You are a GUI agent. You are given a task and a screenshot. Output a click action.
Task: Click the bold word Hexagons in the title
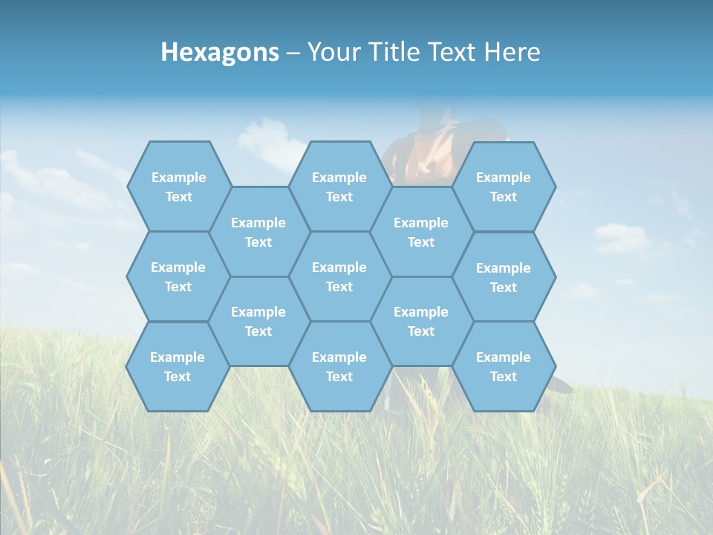point(220,52)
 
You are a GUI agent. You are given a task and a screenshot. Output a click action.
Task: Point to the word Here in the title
point(512,52)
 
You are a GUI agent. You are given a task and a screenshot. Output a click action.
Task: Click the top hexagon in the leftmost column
point(178,187)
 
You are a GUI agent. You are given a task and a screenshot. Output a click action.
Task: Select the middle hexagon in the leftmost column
point(178,276)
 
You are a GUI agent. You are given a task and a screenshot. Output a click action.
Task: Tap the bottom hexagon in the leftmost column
point(178,366)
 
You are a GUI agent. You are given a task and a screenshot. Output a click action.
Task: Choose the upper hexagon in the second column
point(258,232)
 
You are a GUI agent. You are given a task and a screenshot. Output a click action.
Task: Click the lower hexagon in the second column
point(258,321)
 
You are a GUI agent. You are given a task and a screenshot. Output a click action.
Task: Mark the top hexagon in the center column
point(339,187)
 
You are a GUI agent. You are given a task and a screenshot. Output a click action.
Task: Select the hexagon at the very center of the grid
point(339,276)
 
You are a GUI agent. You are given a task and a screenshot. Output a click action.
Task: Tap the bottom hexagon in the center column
point(339,366)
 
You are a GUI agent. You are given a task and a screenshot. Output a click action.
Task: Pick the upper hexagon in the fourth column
point(421,232)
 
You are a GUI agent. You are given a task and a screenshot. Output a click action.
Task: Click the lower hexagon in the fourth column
point(421,321)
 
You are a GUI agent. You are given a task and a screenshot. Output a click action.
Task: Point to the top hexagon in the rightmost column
point(504,187)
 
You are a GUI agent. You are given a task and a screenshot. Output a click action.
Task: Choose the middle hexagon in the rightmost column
point(504,277)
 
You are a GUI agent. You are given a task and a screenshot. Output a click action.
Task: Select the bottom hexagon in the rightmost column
point(504,366)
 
